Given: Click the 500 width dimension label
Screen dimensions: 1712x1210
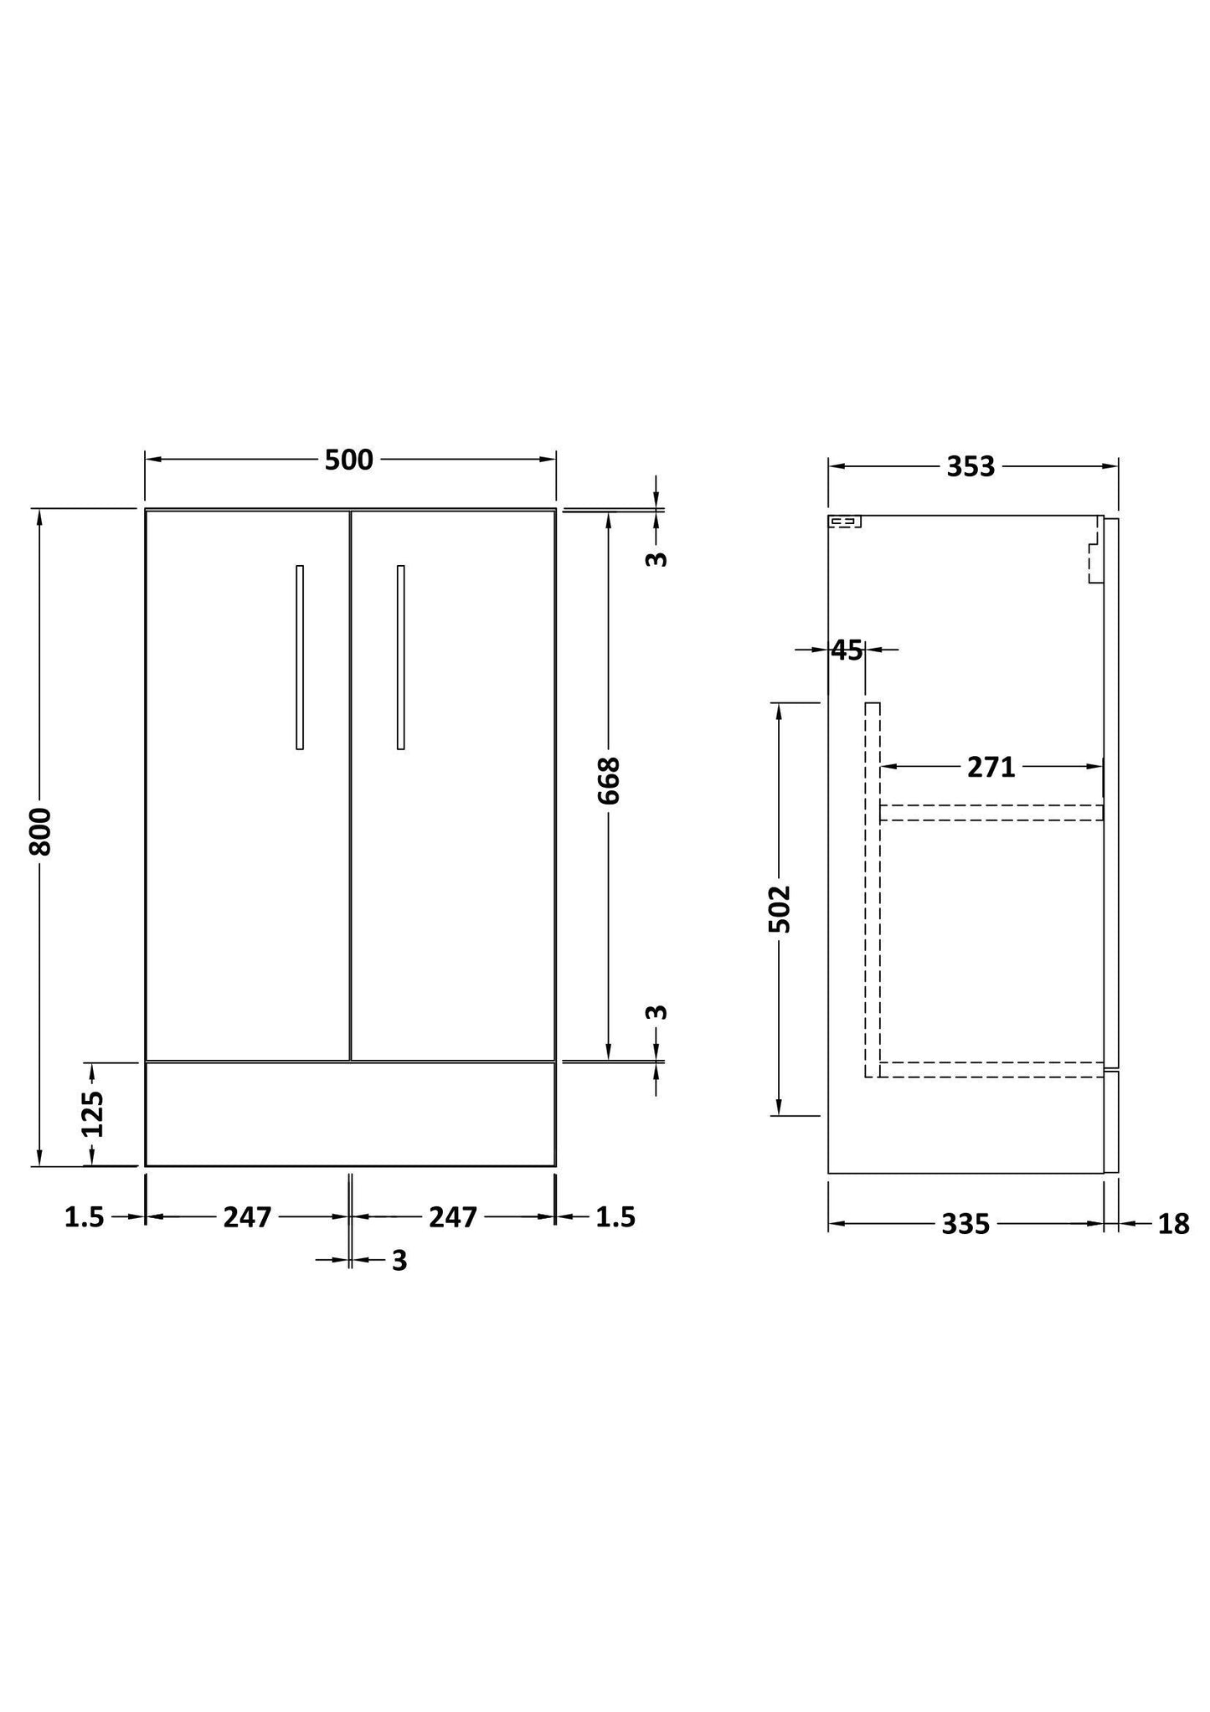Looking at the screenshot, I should [348, 460].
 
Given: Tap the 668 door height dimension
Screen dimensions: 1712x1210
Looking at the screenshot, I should [609, 781].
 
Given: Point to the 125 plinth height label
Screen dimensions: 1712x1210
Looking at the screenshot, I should [92, 1113].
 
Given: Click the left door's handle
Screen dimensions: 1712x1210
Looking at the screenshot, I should [300, 657].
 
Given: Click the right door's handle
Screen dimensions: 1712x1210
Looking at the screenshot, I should [400, 657].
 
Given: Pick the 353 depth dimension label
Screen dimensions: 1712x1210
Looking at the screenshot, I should [971, 467].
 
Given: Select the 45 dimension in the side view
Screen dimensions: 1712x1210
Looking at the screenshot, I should [847, 650].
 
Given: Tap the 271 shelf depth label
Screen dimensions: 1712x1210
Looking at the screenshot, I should [991, 767].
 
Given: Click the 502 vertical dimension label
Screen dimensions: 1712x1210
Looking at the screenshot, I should [780, 908].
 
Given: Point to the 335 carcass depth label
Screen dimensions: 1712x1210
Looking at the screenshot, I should [965, 1225].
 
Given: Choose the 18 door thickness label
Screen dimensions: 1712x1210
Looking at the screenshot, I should [1173, 1225].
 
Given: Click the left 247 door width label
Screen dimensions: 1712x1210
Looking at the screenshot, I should [248, 1217].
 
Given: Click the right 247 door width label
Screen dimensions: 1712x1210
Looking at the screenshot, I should [453, 1217].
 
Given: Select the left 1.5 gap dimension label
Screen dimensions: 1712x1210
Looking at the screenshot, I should [85, 1217].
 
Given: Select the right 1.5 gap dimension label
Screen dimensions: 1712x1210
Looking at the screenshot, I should [615, 1217].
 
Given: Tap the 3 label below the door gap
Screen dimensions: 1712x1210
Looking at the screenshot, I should [399, 1261].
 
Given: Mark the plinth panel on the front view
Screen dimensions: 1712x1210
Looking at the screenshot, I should [350, 1114].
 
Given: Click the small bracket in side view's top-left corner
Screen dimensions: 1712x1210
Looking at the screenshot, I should [845, 522].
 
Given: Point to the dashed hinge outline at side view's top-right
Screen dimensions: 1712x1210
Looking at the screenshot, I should [1093, 553].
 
